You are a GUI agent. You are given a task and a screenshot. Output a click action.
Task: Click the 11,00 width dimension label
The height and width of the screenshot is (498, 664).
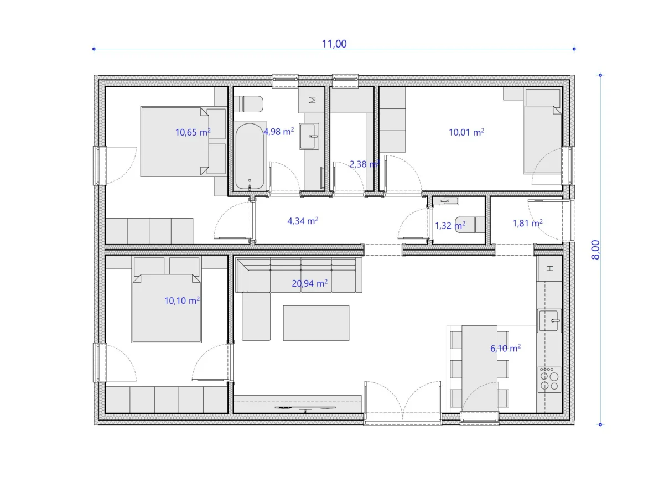[334, 44]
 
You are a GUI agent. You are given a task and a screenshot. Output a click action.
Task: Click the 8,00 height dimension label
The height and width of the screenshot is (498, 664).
[595, 250]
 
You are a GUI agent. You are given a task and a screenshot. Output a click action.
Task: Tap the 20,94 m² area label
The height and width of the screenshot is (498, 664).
[309, 283]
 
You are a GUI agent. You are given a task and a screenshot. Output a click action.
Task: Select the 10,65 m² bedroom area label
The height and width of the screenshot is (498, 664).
[193, 132]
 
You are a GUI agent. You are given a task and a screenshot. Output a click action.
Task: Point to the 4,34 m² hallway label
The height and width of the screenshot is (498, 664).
[303, 221]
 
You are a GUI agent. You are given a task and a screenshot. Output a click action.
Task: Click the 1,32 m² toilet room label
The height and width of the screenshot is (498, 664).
[450, 225]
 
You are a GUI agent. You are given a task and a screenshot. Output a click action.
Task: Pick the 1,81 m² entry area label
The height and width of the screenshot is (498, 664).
[527, 223]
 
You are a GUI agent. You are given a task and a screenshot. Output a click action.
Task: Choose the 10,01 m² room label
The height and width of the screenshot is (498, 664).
[466, 132]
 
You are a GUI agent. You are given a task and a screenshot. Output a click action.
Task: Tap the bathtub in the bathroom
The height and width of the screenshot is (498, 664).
[250, 156]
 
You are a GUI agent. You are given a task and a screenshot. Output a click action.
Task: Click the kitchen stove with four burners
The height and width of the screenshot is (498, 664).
[549, 380]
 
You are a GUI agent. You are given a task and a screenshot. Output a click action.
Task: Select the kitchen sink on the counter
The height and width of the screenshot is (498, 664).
[549, 320]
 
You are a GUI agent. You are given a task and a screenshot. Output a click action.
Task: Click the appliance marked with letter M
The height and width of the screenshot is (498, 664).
[312, 100]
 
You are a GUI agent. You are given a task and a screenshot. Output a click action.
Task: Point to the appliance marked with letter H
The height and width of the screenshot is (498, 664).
[549, 268]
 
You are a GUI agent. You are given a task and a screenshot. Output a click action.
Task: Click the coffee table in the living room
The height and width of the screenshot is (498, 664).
[316, 323]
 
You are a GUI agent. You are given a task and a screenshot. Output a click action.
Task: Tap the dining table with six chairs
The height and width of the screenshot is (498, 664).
[479, 369]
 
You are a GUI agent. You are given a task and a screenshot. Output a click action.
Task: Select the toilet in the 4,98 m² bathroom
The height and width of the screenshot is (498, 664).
[248, 104]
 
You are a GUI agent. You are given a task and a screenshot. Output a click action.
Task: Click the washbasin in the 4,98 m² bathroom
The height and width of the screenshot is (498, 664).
[309, 136]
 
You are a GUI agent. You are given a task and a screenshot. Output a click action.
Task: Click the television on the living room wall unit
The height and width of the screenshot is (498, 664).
[305, 408]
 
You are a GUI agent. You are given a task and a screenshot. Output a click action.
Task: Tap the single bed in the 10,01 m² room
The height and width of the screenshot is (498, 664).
[542, 132]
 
